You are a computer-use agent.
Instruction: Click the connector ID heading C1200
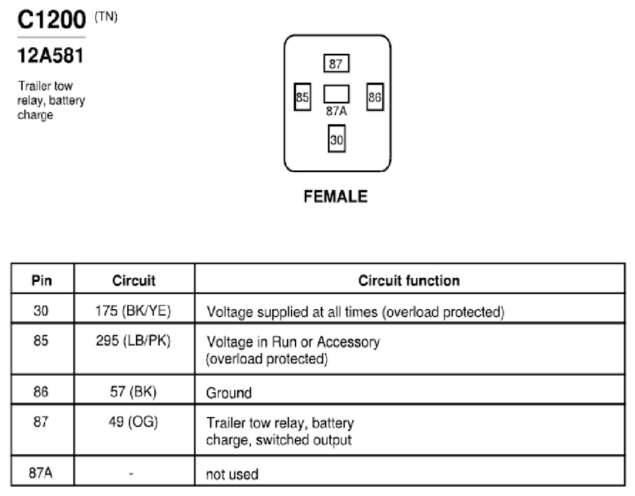pyautogui.click(x=51, y=19)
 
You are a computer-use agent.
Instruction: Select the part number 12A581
pyautogui.click(x=51, y=55)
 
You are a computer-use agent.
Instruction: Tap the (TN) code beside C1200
pyautogui.click(x=106, y=17)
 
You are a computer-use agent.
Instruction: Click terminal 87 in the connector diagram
pyautogui.click(x=336, y=63)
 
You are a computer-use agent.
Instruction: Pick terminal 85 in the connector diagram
pyautogui.click(x=302, y=97)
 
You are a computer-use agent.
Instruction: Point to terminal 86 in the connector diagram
pyautogui.click(x=375, y=97)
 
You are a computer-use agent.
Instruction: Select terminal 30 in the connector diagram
pyautogui.click(x=337, y=139)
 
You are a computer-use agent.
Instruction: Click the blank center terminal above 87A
pyautogui.click(x=336, y=94)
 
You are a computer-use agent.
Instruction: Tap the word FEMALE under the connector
pyautogui.click(x=335, y=197)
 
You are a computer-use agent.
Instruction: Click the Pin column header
pyautogui.click(x=42, y=281)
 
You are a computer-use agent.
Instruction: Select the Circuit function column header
pyautogui.click(x=409, y=281)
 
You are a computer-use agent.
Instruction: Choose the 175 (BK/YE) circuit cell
pyautogui.click(x=133, y=310)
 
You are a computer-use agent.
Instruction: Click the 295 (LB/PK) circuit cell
pyautogui.click(x=133, y=340)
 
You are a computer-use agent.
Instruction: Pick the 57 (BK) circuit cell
pyautogui.click(x=133, y=392)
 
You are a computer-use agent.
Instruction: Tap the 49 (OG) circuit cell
pyautogui.click(x=133, y=422)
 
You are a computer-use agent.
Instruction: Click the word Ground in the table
pyautogui.click(x=229, y=393)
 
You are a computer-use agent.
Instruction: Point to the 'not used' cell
pyautogui.click(x=232, y=474)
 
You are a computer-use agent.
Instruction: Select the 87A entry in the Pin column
pyautogui.click(x=41, y=473)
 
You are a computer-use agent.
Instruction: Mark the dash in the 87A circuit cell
pyautogui.click(x=131, y=473)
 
